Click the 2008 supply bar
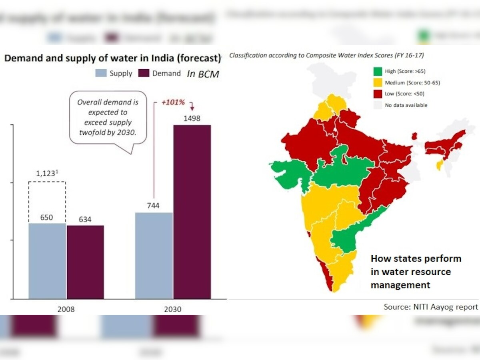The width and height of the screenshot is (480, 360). tap(47, 261)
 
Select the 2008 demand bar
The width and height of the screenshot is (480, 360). tap(85, 262)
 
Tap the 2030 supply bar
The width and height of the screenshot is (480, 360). tap(154, 256)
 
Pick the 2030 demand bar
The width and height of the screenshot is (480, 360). tap(192, 212)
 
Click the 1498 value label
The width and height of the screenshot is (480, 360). tap(192, 118)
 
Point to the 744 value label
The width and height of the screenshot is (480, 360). tap(153, 206)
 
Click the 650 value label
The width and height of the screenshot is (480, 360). tap(46, 217)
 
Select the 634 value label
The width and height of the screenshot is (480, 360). tap(85, 219)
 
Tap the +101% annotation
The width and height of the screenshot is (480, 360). tap(173, 102)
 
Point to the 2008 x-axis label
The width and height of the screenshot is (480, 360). tap(66, 309)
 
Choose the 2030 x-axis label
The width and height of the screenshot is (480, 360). tap(173, 309)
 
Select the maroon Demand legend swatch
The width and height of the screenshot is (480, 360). tap(143, 73)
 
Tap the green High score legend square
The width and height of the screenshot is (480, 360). tap(378, 72)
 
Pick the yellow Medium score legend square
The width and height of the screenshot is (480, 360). tap(378, 83)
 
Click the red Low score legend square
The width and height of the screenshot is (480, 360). tap(378, 94)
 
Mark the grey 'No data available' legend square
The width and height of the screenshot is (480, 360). tap(378, 105)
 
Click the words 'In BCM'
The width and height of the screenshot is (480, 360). tap(203, 74)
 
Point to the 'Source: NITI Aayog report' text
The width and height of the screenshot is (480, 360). tap(431, 307)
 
